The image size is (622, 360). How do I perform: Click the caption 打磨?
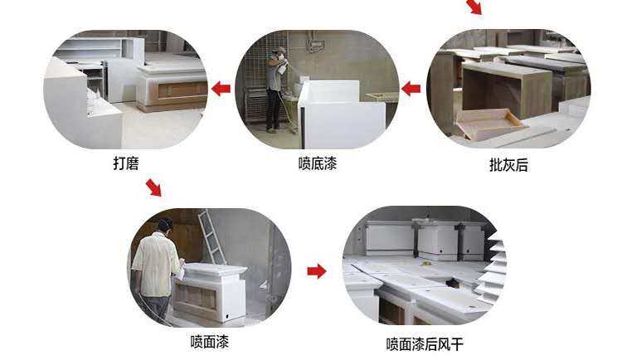click(126, 163)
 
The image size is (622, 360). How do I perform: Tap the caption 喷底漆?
click(318, 163)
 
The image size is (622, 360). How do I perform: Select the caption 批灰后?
click(508, 165)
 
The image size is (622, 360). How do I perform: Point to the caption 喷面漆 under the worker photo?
click(210, 342)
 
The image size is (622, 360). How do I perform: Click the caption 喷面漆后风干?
click(425, 344)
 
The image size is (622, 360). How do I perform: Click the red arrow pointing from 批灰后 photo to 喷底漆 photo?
click(411, 88)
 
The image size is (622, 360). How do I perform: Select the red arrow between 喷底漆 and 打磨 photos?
click(221, 88)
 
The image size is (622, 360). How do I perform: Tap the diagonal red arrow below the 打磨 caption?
click(154, 187)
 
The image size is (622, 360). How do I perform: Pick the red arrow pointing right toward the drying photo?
click(317, 271)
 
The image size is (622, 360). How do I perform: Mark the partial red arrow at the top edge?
click(475, 7)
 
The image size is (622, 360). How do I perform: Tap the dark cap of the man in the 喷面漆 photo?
click(165, 223)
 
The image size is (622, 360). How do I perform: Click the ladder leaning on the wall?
click(212, 237)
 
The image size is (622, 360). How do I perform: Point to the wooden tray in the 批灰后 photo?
click(490, 123)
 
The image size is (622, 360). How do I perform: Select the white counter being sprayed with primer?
click(341, 114)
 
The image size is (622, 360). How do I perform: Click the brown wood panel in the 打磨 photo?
click(182, 90)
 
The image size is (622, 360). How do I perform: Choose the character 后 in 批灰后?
click(522, 165)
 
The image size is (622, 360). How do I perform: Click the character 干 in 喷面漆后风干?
click(457, 344)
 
